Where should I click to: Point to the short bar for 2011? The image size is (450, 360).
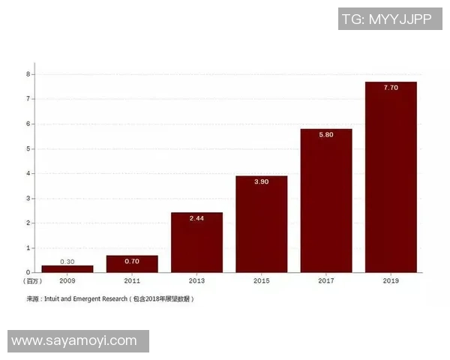132,263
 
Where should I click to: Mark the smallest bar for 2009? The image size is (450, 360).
67,268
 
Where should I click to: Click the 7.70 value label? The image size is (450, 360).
390,88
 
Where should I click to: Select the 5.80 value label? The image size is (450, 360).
325,135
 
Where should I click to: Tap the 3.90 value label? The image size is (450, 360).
261,182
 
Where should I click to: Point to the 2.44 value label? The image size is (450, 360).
196,218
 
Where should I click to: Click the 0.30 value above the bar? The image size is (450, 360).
67,261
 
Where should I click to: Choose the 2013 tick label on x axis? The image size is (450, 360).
196,280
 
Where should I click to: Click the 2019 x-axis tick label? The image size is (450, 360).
390,280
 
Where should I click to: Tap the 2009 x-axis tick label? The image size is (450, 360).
67,280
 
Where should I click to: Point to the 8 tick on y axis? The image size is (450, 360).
28,74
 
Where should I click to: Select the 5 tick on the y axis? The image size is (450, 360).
28,148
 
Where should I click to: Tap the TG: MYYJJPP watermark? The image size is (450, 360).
385,19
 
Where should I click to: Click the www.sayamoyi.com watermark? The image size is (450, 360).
74,341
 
